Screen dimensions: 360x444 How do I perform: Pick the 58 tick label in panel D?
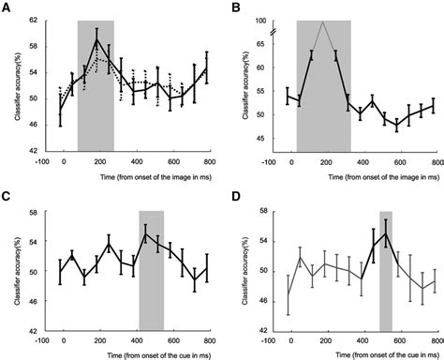[263, 212]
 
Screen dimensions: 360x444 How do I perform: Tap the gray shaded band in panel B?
[323, 103]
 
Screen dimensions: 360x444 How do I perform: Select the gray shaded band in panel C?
[151, 291]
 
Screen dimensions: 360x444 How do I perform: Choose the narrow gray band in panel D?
[385, 291]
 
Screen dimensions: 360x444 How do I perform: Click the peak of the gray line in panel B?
[323, 22]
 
